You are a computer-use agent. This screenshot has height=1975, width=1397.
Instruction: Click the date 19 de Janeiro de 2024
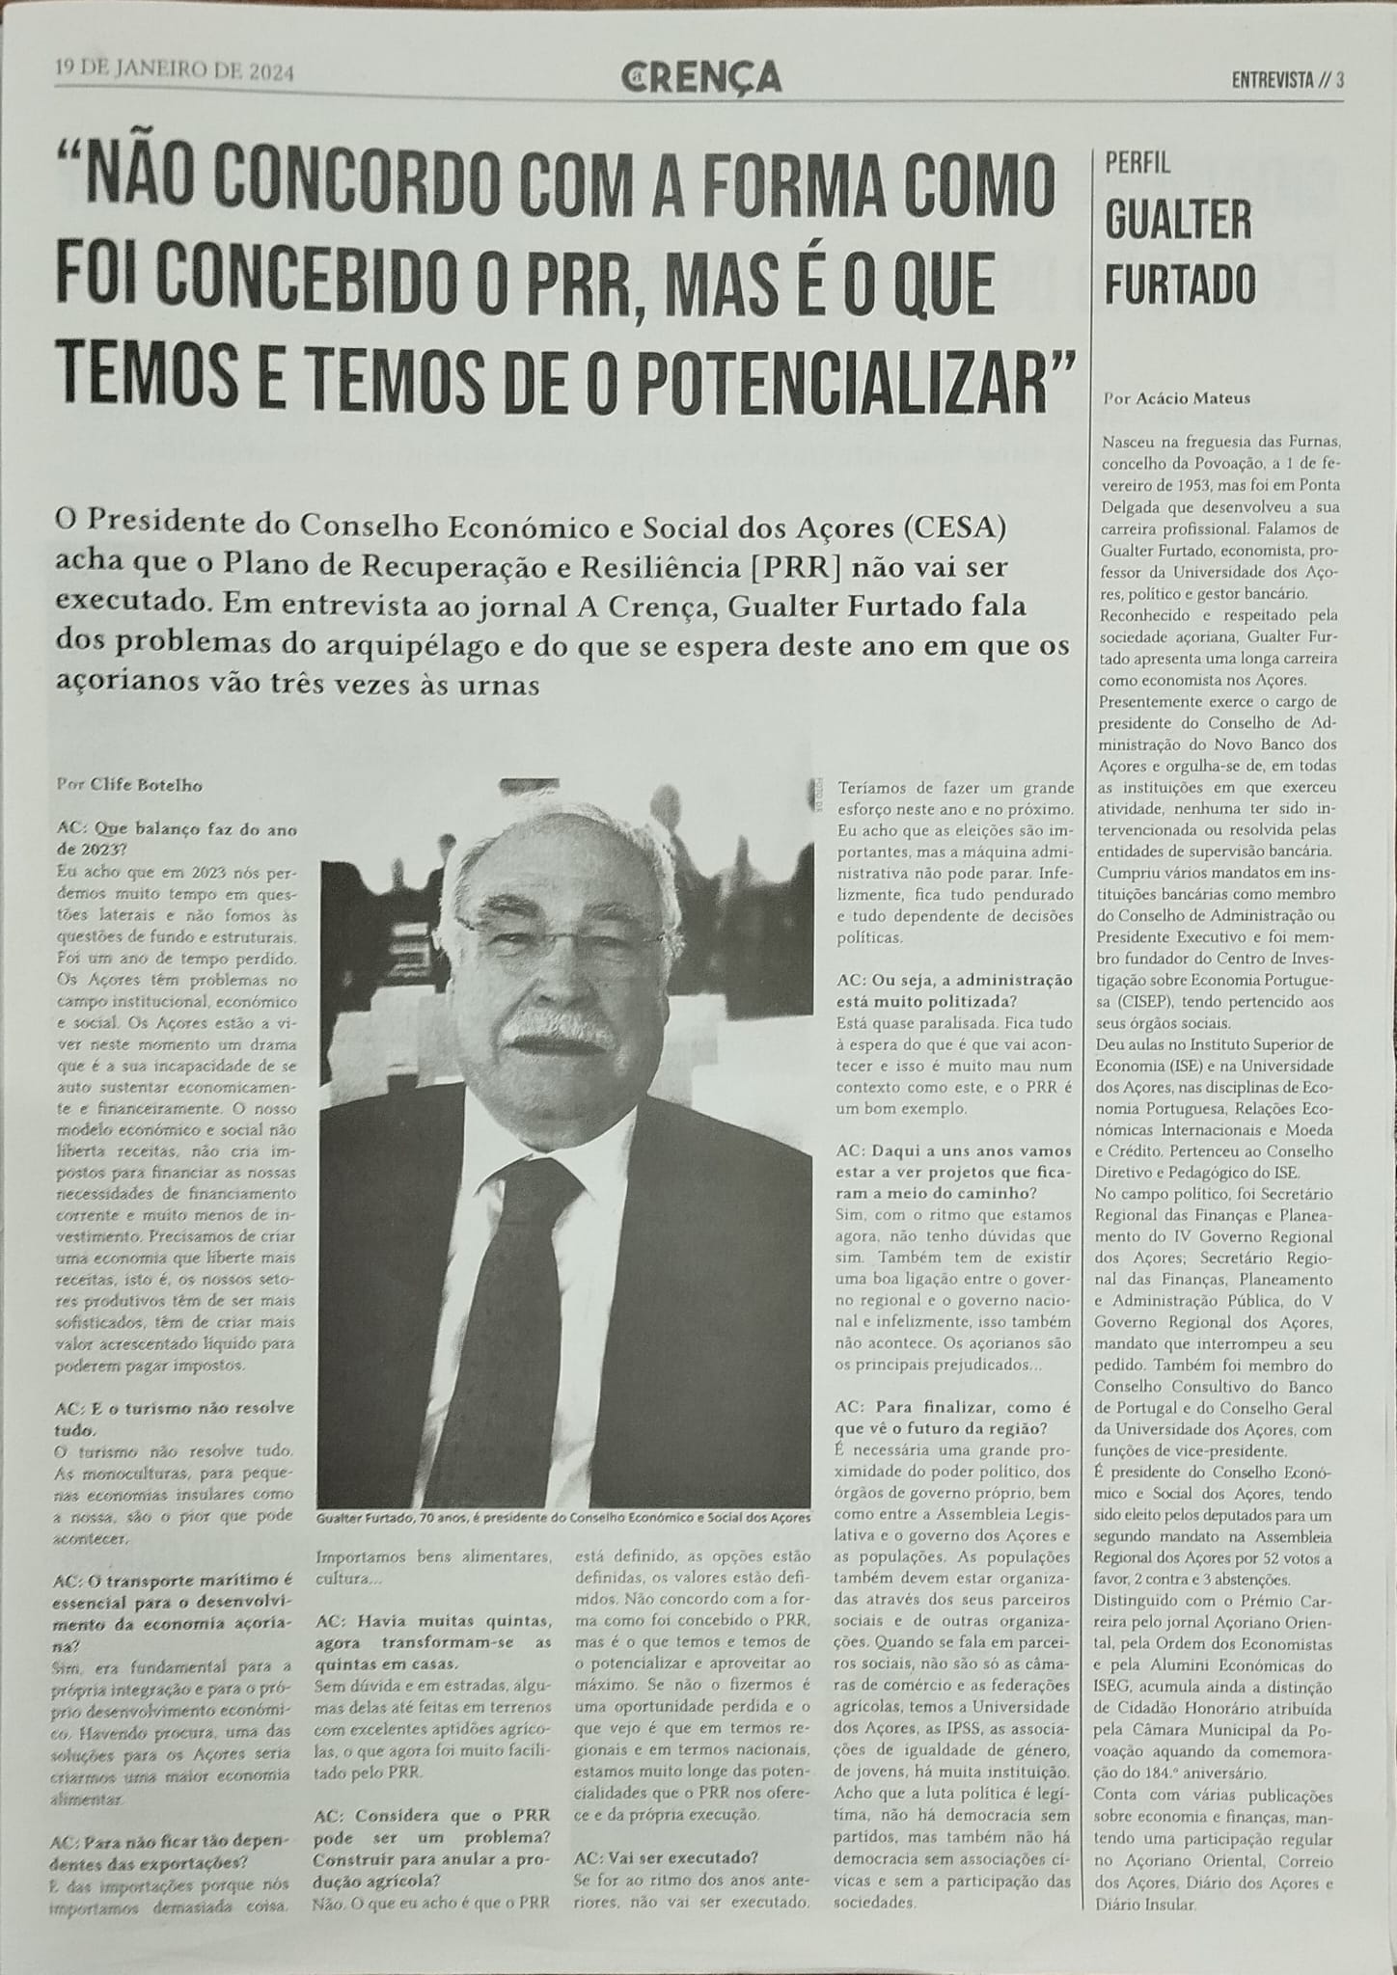pos(175,70)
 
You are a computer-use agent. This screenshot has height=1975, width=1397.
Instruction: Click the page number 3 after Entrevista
pos(1340,82)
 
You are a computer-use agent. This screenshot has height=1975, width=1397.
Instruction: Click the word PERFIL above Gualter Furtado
pos(1137,163)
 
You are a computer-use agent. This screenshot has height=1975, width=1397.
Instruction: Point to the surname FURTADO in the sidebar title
pos(1180,284)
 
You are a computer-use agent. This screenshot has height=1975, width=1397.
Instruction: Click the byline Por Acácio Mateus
pos(1169,397)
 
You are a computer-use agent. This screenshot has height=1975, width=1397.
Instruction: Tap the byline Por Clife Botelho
pos(129,784)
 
